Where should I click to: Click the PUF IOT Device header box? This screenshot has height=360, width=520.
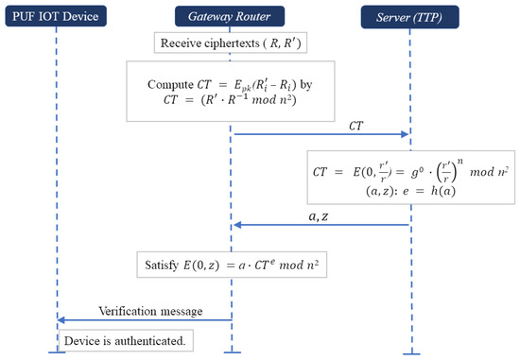[x=56, y=16]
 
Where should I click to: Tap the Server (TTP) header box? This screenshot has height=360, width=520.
[x=410, y=16]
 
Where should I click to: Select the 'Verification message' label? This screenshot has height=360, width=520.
[x=143, y=311]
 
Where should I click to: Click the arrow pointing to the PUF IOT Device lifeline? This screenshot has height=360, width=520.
[x=142, y=321]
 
